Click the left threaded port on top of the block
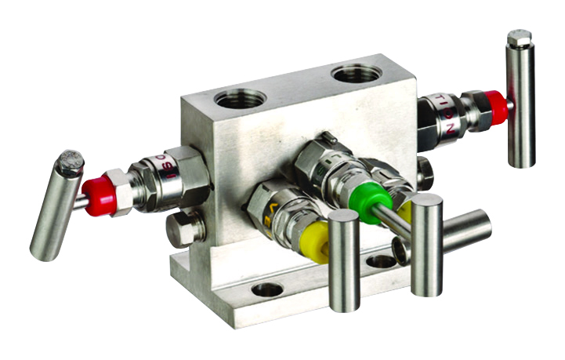[x=240, y=98]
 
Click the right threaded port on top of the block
[x=356, y=75]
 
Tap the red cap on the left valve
[x=100, y=195]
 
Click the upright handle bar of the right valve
[x=520, y=102]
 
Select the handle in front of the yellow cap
[x=344, y=260]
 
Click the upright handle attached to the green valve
[x=427, y=244]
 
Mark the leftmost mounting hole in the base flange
[x=267, y=289]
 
